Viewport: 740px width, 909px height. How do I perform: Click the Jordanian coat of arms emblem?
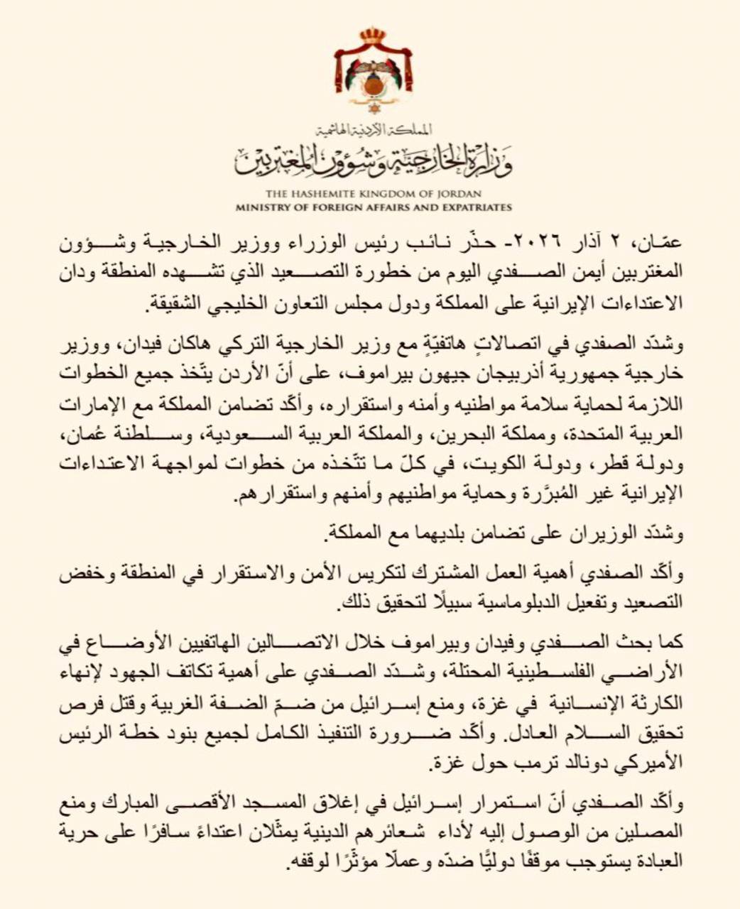click(x=374, y=71)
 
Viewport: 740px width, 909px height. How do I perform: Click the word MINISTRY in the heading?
click(x=264, y=207)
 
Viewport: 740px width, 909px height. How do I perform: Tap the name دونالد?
click(x=555, y=765)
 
